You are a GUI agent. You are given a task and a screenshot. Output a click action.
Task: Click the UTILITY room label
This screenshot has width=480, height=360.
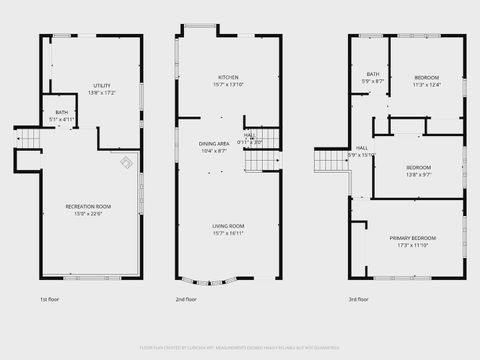pos(103,86)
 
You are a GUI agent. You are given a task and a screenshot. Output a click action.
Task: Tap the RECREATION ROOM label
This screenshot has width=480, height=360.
pos(88,206)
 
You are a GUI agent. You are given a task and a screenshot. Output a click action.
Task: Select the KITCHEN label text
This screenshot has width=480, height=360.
pos(229,77)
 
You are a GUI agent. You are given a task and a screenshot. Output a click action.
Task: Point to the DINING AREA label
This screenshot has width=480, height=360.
pos(213,144)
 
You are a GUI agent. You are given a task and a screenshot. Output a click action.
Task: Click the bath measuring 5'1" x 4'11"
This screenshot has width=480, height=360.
pos(62,112)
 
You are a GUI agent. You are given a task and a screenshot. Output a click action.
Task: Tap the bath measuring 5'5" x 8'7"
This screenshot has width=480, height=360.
pos(373,74)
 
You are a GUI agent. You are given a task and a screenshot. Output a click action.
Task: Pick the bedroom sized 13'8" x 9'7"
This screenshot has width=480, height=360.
pos(418,167)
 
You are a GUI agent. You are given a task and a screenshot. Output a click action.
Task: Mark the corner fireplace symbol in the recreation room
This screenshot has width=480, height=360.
pos(127,163)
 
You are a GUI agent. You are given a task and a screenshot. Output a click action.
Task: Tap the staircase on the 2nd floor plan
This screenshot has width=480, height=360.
pos(272,159)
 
